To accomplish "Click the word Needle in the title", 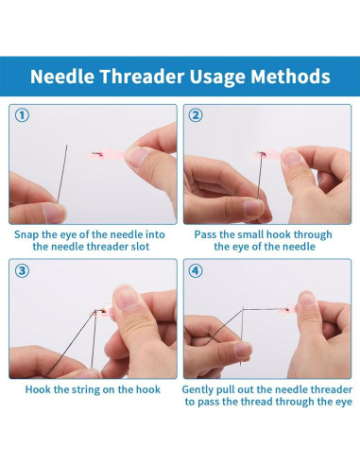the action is point(62,77).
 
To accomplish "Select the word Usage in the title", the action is point(217,77).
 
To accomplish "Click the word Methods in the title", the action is point(290,77).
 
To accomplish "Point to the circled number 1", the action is point(22,115).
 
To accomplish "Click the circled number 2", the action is point(196,115).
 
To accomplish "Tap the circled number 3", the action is point(22,270).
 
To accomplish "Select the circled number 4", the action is point(196,270).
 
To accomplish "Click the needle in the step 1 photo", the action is point(62,174).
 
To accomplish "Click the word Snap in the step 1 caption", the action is point(26,235).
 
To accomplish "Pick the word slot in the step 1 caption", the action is point(140,247).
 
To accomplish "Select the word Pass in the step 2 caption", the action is point(205,234).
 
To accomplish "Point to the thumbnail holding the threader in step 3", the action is point(126,296).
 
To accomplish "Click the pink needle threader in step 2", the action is point(268,154).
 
